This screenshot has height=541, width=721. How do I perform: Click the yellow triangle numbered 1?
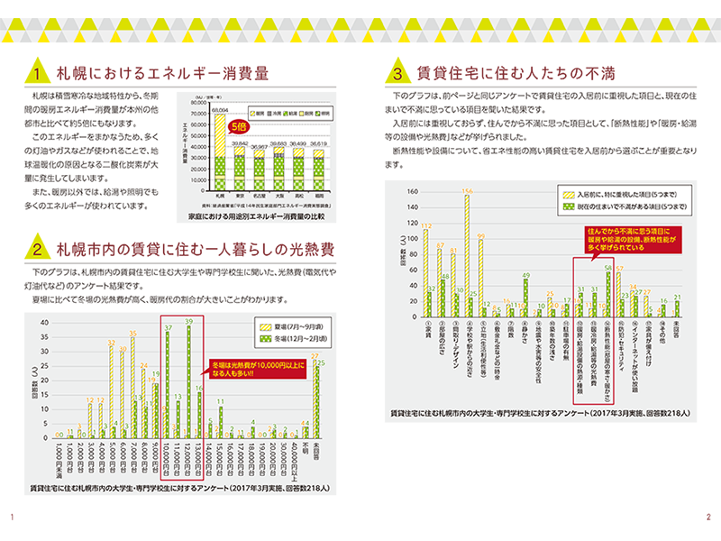point(36,72)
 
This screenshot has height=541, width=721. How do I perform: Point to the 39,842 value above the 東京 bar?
point(239,143)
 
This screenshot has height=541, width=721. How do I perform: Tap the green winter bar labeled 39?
point(189,387)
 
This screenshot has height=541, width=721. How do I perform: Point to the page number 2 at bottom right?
point(708,517)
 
